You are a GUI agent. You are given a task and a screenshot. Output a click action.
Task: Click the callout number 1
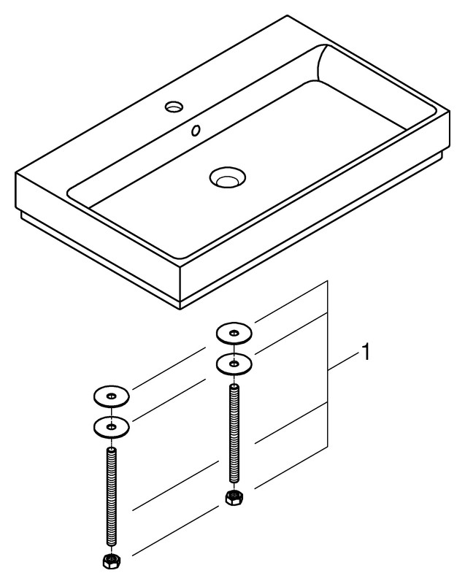coord(366,352)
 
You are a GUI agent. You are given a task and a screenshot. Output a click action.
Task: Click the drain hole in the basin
coord(228,177)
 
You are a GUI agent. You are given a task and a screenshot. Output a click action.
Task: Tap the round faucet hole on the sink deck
coord(174,107)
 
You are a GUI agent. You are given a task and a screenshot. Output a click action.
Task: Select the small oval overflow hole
coord(196,131)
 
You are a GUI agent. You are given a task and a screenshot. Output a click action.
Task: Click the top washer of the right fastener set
coord(234,333)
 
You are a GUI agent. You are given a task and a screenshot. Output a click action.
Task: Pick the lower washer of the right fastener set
coord(234,363)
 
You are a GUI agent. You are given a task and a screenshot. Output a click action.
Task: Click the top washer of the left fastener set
coord(111,396)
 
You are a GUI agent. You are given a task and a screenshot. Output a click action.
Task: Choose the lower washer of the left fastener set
coord(111,426)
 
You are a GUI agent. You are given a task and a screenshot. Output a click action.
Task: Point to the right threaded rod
coord(234,434)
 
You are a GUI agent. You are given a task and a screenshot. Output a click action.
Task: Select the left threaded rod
coord(111,497)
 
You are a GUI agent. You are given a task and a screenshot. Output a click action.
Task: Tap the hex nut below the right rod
coord(234,497)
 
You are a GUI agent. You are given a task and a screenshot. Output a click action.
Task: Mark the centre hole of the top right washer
coord(234,333)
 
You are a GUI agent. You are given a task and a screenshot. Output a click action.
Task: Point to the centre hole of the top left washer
coord(111,396)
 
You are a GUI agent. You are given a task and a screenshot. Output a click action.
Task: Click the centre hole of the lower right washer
coord(234,363)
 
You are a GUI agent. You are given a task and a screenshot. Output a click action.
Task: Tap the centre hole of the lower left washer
coord(111,427)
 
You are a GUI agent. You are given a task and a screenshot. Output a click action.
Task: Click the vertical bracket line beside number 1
coord(327,364)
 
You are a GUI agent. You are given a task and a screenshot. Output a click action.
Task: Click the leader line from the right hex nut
coord(291,467)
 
